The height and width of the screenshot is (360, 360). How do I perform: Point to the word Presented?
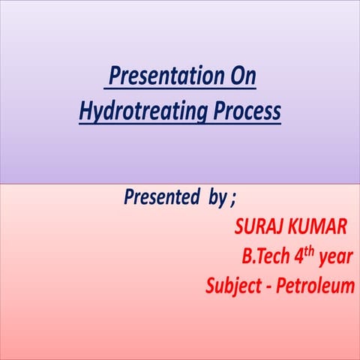click(157, 199)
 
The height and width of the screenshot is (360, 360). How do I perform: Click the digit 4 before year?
click(300, 256)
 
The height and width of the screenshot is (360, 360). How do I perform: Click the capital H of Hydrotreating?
click(85, 112)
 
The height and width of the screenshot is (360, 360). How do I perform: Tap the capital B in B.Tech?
click(247, 256)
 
